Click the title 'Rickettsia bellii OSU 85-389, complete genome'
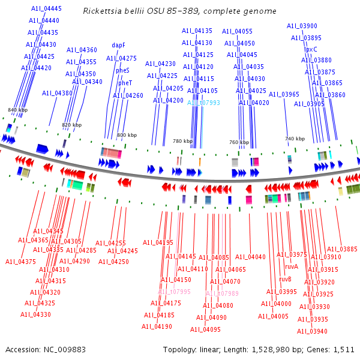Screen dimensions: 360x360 point(180,11)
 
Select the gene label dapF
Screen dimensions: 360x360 point(118,45)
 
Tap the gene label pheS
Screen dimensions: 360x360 point(122,70)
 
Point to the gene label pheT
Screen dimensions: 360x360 point(125,83)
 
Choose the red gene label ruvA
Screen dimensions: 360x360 point(292,266)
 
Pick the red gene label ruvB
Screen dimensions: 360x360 point(285,279)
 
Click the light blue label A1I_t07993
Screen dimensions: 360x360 point(203,103)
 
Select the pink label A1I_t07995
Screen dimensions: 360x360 point(174,292)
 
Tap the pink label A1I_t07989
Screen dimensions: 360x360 point(222,293)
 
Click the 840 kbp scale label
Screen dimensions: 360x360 point(17,110)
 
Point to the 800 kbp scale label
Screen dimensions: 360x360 point(127,136)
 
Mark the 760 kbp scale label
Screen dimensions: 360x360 point(239,142)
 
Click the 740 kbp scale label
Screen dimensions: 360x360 point(294,139)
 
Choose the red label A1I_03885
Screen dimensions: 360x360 point(341,249)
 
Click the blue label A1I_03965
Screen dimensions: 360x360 point(284,94)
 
